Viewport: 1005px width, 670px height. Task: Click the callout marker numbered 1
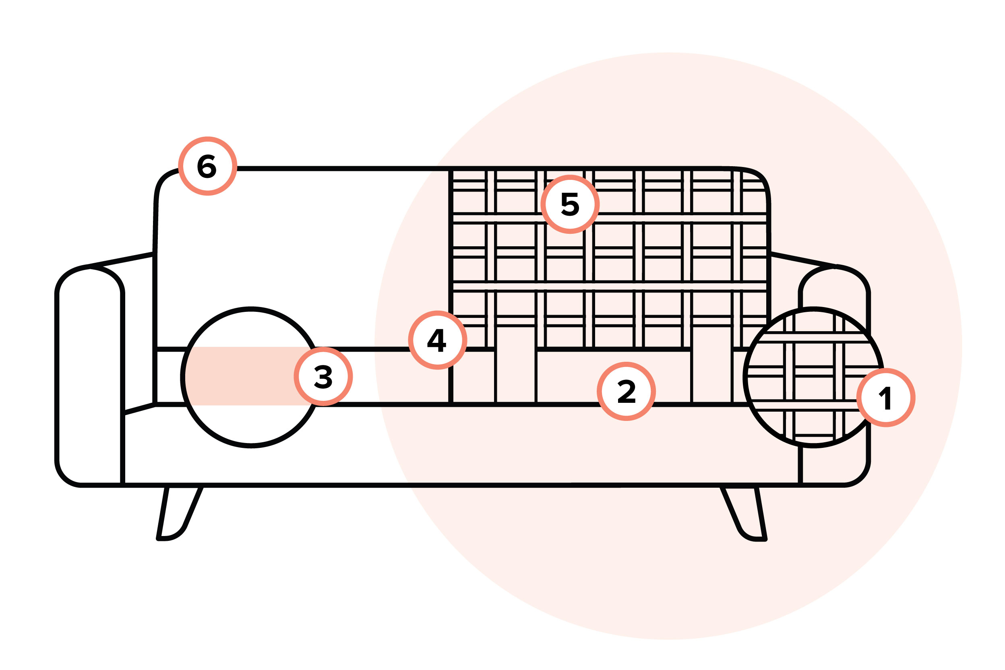[x=886, y=398]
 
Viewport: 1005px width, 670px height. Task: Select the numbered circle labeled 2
[x=626, y=392]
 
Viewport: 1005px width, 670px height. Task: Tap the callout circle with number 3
[x=323, y=377]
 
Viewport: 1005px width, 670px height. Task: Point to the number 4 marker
[x=438, y=340]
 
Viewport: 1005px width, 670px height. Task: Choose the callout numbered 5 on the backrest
[x=570, y=204]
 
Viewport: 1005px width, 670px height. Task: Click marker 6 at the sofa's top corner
[x=208, y=166]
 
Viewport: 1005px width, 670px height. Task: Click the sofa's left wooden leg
[x=180, y=513]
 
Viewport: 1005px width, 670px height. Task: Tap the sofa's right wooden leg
[x=744, y=513]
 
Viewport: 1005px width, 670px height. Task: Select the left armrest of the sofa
[x=89, y=376]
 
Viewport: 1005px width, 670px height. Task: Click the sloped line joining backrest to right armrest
[x=803, y=260]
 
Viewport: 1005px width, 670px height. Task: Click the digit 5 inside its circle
[x=570, y=204]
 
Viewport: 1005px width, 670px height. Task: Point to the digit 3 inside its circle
[x=323, y=377]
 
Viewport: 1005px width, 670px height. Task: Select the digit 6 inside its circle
[x=207, y=166]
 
